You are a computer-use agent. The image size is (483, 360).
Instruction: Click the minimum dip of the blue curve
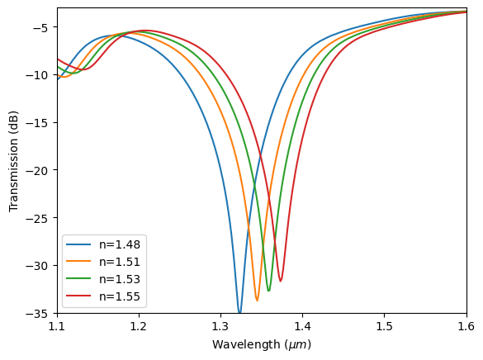pos(239,313)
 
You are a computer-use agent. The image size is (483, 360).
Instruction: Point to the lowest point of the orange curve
pos(257,300)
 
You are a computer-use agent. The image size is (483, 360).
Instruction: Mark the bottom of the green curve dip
pos(268,291)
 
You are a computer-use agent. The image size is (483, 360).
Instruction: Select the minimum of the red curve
pos(281,281)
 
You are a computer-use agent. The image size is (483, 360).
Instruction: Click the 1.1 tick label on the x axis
pos(57,329)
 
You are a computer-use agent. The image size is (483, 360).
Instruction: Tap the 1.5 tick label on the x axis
pos(385,329)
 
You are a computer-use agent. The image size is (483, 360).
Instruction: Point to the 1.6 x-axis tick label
pos(466,329)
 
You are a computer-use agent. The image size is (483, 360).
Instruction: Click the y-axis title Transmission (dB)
pos(14,161)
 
